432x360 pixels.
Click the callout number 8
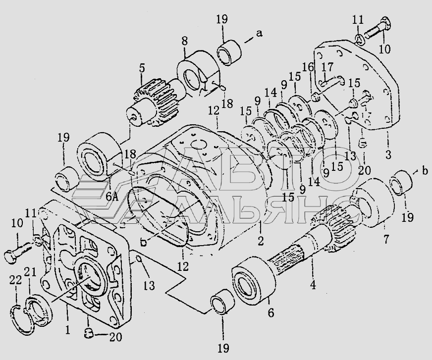click(185, 41)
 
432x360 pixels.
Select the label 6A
click(112, 197)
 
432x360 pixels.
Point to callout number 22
click(15, 281)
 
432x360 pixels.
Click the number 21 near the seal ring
click(30, 272)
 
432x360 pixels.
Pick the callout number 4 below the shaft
click(313, 285)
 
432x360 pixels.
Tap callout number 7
click(386, 239)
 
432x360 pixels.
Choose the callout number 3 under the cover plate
click(388, 154)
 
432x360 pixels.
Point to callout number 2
click(261, 241)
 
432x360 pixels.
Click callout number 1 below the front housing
click(68, 329)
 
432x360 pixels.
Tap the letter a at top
click(259, 33)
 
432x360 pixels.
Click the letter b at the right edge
click(425, 170)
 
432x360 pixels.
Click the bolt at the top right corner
click(378, 30)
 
